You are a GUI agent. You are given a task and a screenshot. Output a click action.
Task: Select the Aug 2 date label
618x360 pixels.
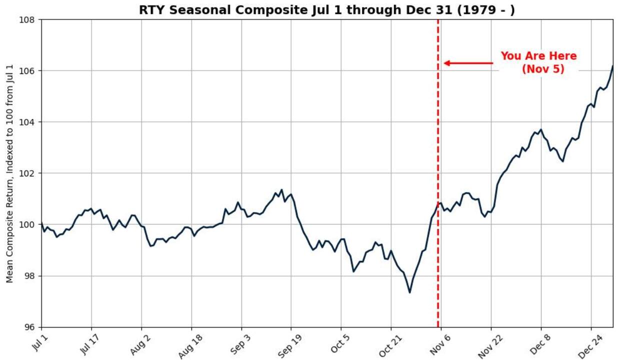click(x=137, y=344)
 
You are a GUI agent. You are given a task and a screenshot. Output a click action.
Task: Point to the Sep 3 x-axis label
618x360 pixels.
click(x=237, y=344)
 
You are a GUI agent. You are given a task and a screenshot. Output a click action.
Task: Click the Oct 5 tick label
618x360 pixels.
click(x=337, y=344)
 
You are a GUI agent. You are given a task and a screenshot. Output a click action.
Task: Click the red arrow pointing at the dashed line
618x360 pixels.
click(x=468, y=63)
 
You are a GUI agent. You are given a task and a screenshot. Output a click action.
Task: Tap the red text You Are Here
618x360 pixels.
click(x=538, y=56)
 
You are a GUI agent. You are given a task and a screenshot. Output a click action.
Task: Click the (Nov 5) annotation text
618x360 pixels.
click(x=543, y=69)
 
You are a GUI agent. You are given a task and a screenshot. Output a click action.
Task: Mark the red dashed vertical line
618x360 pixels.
click(x=438, y=150)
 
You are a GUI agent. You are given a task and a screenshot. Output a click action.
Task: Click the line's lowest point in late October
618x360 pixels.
click(x=409, y=292)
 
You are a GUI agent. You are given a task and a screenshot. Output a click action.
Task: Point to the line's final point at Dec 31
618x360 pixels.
click(x=612, y=66)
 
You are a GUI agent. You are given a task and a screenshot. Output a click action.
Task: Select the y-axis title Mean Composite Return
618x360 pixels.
click(x=10, y=173)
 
